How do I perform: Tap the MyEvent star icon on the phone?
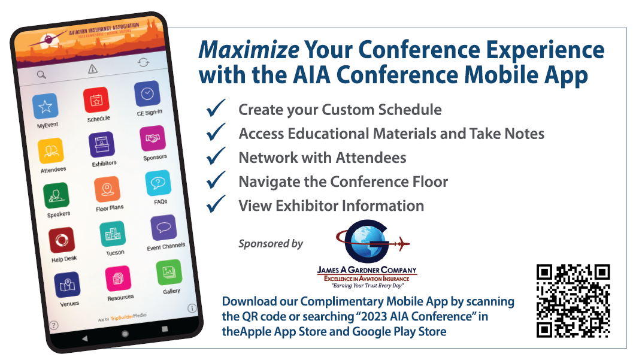(x=45, y=107)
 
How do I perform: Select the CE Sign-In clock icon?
(x=147, y=93)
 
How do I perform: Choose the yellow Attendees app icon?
(x=51, y=151)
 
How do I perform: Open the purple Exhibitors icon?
(x=102, y=144)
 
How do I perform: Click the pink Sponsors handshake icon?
(x=153, y=138)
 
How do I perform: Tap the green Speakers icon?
(x=56, y=195)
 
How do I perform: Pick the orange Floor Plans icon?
(x=107, y=189)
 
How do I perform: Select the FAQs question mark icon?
(x=158, y=183)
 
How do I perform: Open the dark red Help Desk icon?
(x=62, y=240)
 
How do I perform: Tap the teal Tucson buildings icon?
(x=113, y=234)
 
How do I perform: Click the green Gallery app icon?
(x=169, y=273)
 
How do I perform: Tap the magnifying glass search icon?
(x=41, y=75)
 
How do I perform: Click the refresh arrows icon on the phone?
(x=143, y=62)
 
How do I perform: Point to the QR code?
(x=573, y=301)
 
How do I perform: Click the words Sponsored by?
(x=271, y=244)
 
